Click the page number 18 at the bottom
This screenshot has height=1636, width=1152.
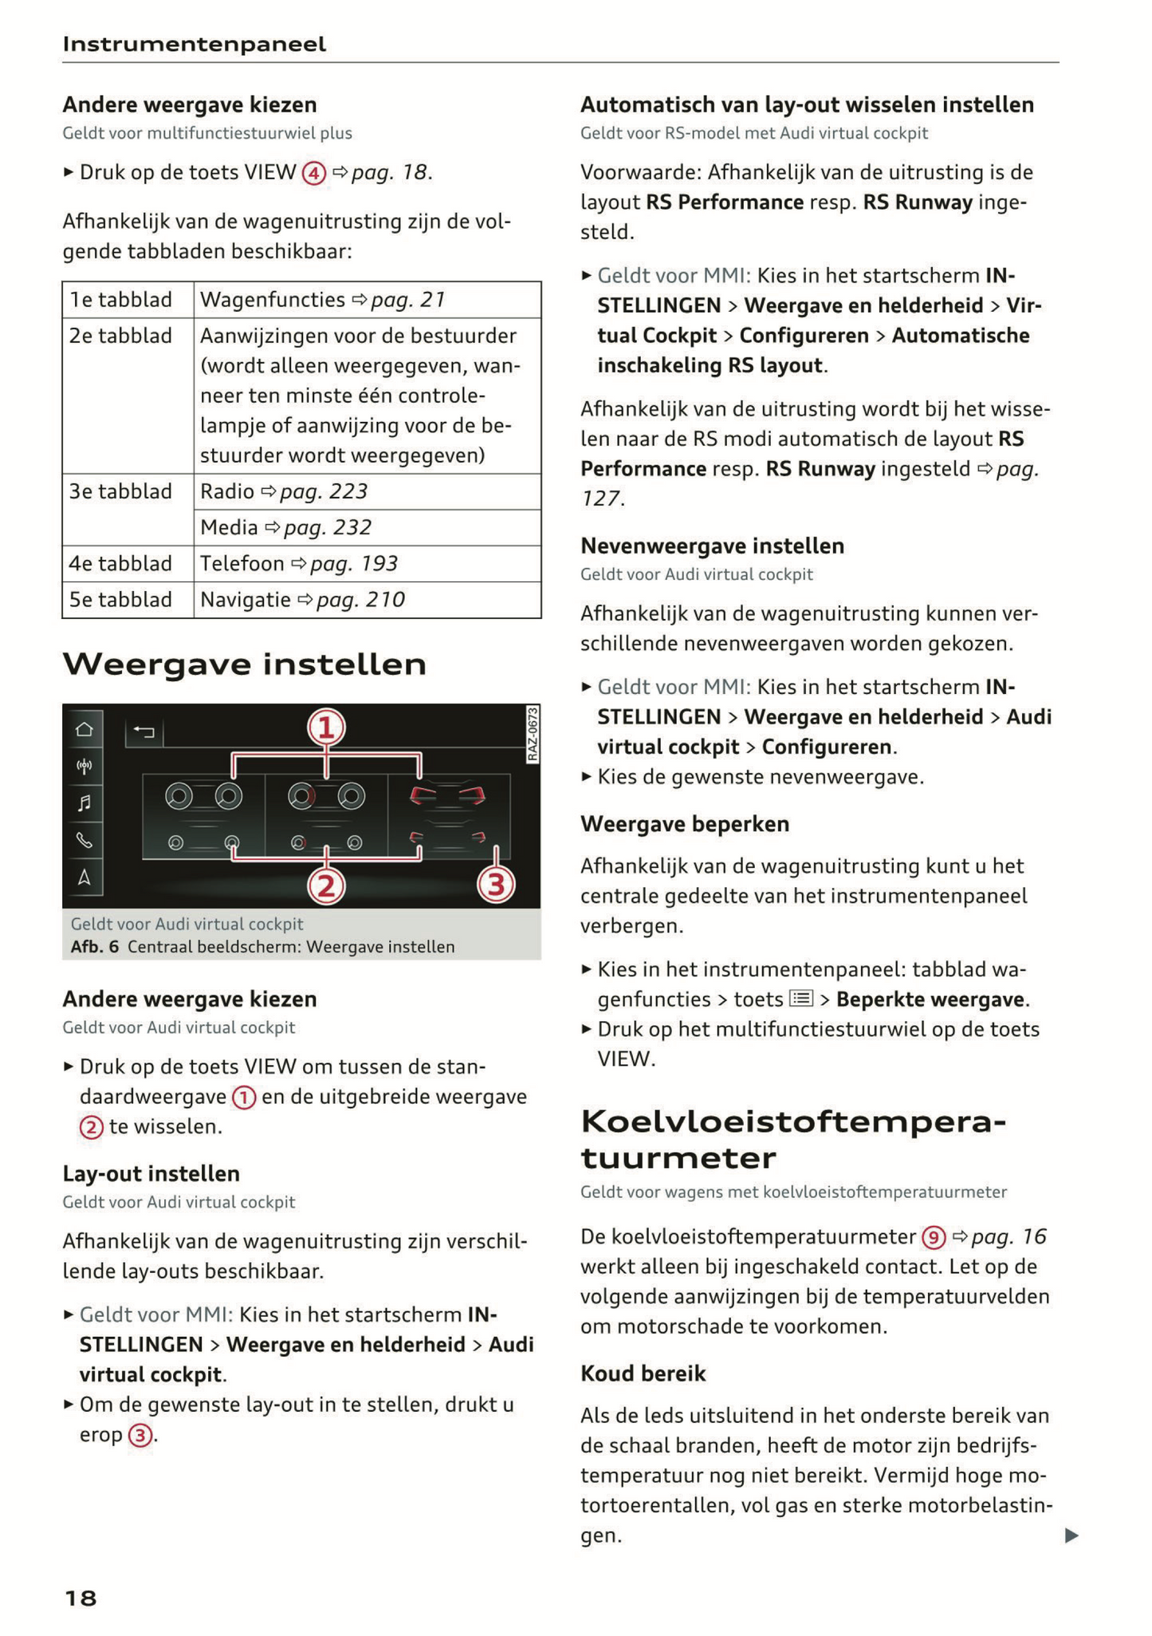[x=80, y=1598]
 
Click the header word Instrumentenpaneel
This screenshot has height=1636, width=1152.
[x=194, y=44]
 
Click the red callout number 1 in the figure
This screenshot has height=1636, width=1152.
[x=326, y=727]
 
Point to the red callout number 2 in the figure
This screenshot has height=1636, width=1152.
[x=326, y=886]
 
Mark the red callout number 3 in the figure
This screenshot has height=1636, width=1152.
[x=496, y=885]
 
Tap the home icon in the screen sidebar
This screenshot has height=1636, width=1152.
[x=84, y=729]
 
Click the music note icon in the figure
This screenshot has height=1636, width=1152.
[x=84, y=802]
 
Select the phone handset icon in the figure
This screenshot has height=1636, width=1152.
[x=84, y=840]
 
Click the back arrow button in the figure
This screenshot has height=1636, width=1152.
[x=144, y=731]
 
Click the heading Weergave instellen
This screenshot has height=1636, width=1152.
[x=244, y=664]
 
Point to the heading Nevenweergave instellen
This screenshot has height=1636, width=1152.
[x=712, y=546]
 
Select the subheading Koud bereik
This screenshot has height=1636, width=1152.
[x=643, y=1374]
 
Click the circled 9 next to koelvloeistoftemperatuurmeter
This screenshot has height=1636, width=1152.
[x=933, y=1237]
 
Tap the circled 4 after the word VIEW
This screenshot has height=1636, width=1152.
[x=313, y=173]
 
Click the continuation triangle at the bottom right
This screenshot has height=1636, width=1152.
[x=1071, y=1535]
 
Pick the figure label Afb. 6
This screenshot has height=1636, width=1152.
[x=94, y=947]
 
